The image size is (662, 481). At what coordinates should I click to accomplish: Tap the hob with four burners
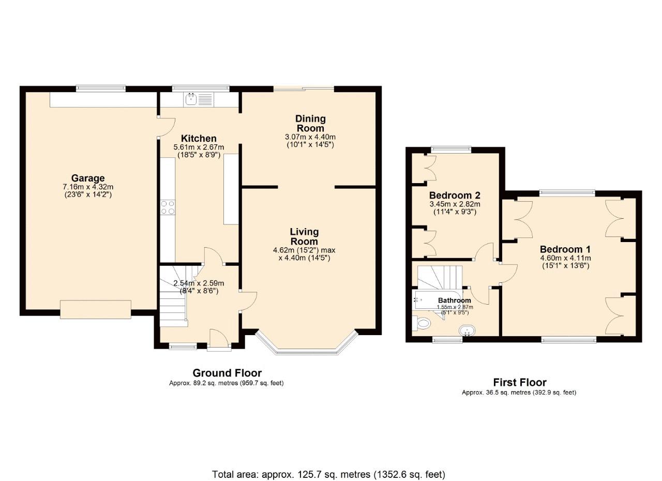pyautogui.click(x=168, y=208)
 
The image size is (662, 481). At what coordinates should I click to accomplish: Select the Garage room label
pyautogui.click(x=88, y=178)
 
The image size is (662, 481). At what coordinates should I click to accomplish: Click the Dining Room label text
pyautogui.click(x=310, y=124)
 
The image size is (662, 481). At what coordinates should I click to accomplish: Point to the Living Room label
pyautogui.click(x=304, y=236)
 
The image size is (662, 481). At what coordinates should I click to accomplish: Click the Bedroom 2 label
pyautogui.click(x=455, y=196)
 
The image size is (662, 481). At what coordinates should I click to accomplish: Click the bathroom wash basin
pyautogui.click(x=467, y=330)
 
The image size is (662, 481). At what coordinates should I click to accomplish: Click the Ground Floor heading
pyautogui.click(x=227, y=373)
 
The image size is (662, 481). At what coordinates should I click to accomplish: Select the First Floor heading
pyautogui.click(x=519, y=383)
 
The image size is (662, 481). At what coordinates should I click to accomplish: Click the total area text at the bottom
pyautogui.click(x=328, y=474)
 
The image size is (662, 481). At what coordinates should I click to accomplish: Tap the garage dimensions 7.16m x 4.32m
pyautogui.click(x=88, y=187)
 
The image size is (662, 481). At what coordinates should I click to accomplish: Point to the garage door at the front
pyautogui.click(x=96, y=309)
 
